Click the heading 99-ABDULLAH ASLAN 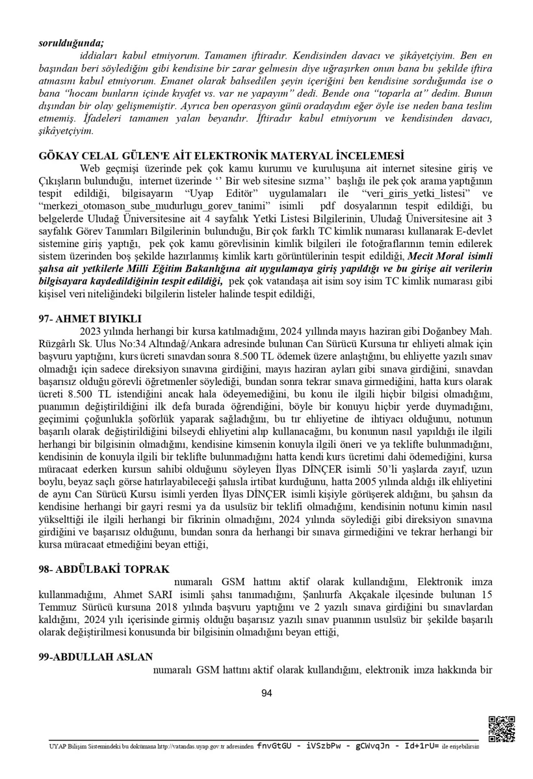[96, 657]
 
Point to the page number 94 [266, 693]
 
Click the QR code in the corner [500, 728]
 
